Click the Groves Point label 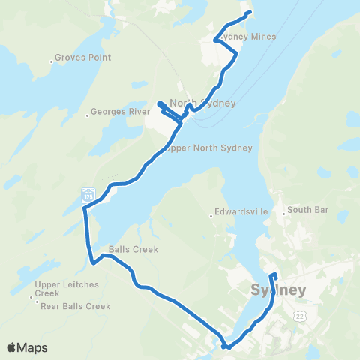(x=85, y=58)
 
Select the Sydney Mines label (x=247, y=37)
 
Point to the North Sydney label (x=203, y=103)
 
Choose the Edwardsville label (x=242, y=212)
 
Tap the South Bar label (x=308, y=210)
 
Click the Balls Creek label (x=133, y=250)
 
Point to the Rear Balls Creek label (x=76, y=306)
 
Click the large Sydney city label (x=277, y=289)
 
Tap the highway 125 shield (x=88, y=196)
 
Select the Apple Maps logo (x=28, y=347)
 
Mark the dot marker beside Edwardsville (x=211, y=217)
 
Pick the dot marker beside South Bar (x=283, y=214)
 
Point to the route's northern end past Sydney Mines (x=249, y=13)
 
